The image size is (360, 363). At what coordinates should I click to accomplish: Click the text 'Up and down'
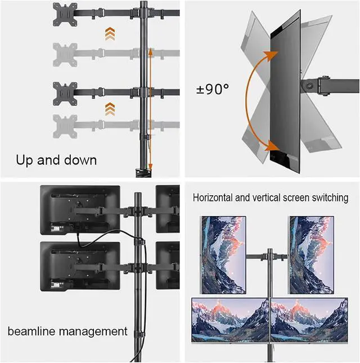(56, 160)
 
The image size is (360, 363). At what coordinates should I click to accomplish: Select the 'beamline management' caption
(68, 331)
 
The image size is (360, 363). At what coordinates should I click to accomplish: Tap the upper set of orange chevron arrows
(110, 34)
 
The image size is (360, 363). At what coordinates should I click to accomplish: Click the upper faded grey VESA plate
(65, 53)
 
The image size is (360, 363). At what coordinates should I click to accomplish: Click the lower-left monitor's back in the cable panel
(79, 266)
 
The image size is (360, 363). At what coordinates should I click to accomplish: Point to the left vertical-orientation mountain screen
(224, 254)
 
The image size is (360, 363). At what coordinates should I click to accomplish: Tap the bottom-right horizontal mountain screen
(309, 320)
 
